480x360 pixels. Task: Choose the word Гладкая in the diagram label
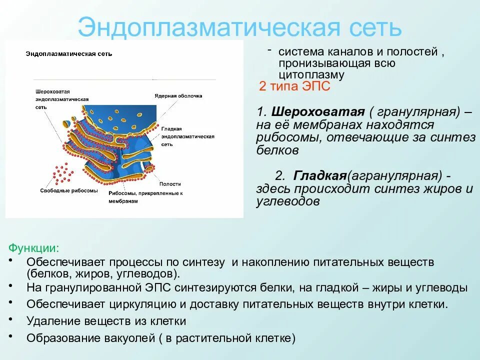click(171, 128)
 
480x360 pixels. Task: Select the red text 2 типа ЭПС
click(294, 86)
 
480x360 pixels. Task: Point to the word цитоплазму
click(312, 75)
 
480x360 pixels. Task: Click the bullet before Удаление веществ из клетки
click(11, 318)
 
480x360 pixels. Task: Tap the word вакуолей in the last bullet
click(125, 337)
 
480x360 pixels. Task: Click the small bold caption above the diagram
click(69, 53)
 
